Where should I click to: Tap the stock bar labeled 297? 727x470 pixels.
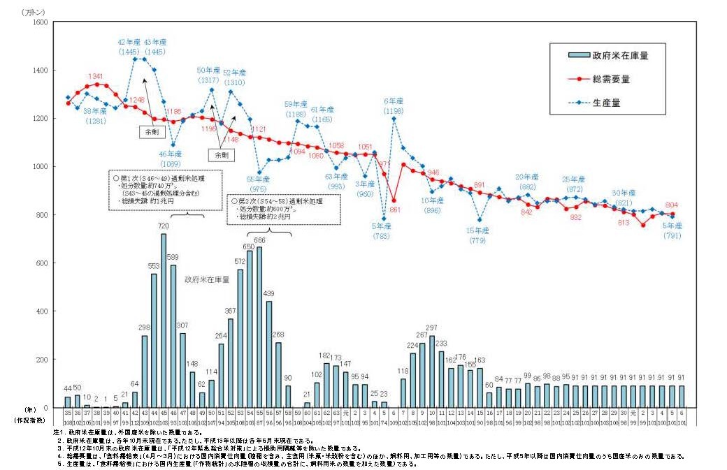(x=431, y=371)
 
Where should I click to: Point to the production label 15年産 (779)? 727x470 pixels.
(x=478, y=235)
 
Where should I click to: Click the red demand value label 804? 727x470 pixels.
(x=672, y=205)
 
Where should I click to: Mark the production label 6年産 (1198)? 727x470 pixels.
(x=394, y=105)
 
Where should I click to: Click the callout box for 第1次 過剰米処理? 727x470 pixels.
(x=165, y=189)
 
